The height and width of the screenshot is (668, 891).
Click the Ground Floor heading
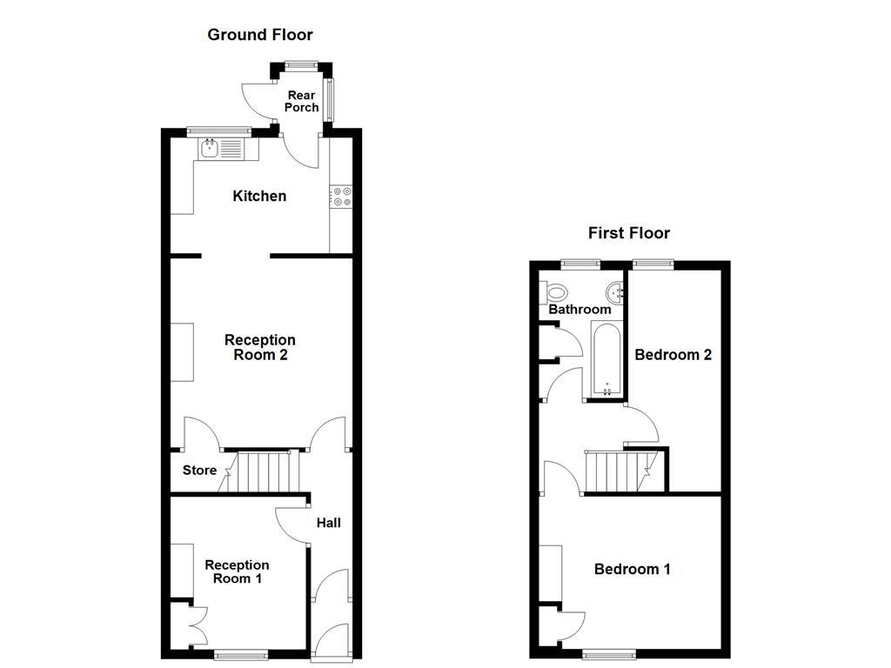point(259,35)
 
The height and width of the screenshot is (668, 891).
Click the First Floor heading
point(629,232)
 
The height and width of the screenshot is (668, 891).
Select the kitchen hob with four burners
point(340,197)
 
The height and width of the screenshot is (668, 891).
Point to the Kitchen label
point(259,196)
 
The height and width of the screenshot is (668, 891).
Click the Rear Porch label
point(302,101)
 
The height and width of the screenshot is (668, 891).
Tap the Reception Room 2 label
point(260,347)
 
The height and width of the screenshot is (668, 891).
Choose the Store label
point(199,471)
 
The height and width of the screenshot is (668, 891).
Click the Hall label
point(328,523)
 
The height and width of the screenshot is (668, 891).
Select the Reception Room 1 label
point(237,571)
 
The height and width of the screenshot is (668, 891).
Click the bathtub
point(606,359)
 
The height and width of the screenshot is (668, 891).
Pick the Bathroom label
point(579,310)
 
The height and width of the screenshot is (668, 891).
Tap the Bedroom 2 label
point(673,354)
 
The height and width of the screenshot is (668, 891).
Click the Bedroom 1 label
point(633,569)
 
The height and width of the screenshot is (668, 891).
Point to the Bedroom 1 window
point(608,654)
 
